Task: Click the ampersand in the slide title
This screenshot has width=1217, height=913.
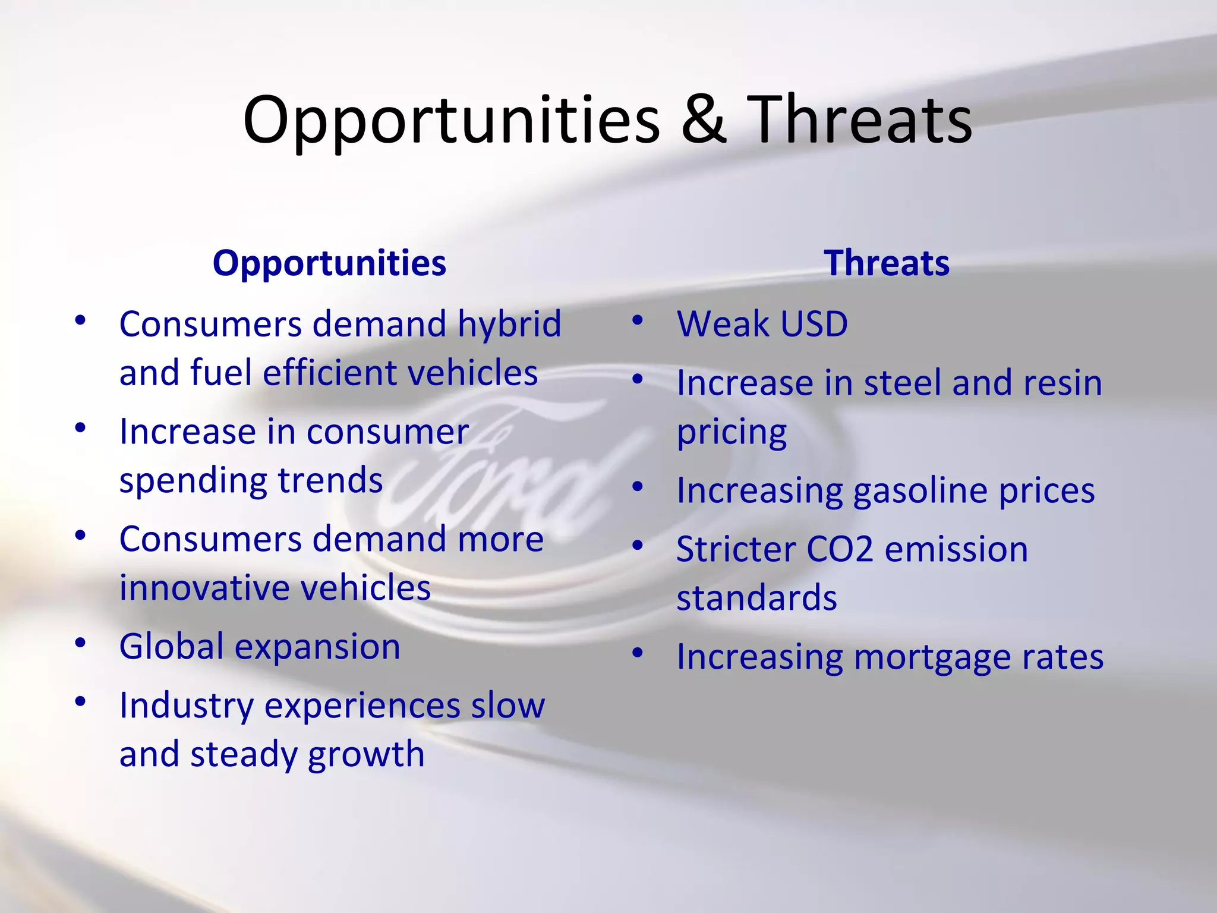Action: (x=703, y=120)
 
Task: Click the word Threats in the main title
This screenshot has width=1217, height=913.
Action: (x=859, y=120)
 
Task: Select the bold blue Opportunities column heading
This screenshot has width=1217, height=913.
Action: (x=329, y=263)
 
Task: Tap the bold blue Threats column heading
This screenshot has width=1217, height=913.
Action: (x=886, y=263)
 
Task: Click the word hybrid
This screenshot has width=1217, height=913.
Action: (x=509, y=325)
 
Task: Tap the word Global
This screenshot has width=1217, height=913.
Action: (x=172, y=647)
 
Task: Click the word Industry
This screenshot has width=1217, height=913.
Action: (x=186, y=707)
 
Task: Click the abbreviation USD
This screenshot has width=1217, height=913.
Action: (x=814, y=325)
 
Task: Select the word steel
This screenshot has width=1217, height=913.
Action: (x=903, y=383)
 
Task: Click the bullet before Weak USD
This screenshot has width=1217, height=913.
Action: (x=638, y=322)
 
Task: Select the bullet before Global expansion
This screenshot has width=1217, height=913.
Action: (x=80, y=643)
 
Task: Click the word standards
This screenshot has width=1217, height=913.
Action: (x=756, y=598)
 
